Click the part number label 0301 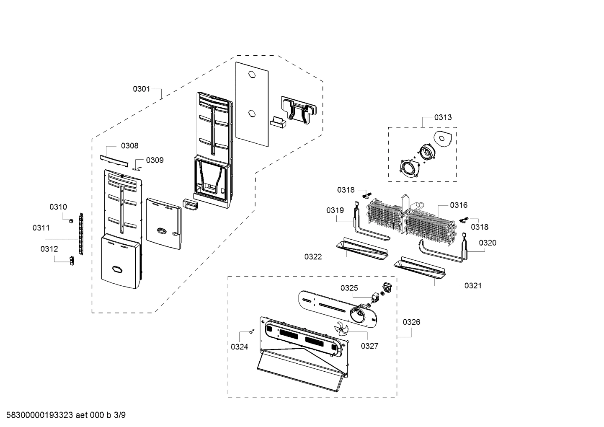point(141,89)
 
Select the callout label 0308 point(129,146)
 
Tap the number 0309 point(155,160)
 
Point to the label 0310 point(58,207)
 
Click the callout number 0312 point(49,249)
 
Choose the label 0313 point(443,117)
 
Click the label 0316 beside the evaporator point(459,205)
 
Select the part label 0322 point(313,256)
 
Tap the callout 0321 point(472,286)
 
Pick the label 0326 point(411,322)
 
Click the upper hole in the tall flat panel point(251,75)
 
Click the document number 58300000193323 point(37,415)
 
